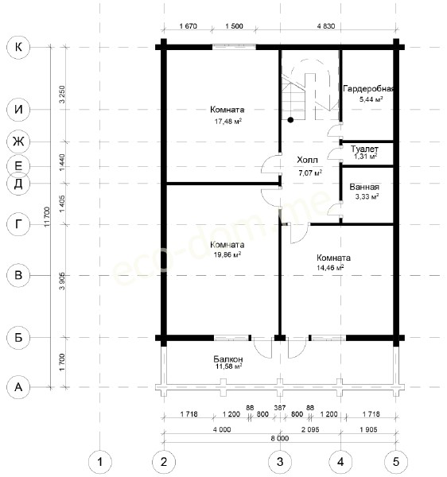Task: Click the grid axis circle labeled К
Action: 18,47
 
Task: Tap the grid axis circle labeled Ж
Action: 18,142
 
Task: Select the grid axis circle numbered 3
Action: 280,462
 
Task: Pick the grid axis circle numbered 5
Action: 396,462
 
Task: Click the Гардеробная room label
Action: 368,89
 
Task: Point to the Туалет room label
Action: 364,149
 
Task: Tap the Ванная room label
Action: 364,187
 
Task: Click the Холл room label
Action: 307,160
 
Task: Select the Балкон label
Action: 228,359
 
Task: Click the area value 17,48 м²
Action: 228,122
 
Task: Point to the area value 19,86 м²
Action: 227,254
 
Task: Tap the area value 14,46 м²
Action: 330,267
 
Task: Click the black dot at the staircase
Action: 290,120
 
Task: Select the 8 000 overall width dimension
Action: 280,438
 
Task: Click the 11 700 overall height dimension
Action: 46,216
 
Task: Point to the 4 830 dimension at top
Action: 326,26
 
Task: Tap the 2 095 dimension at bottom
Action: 310,429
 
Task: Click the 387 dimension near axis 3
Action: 280,407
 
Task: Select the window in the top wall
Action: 234,47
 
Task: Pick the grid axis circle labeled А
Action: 18,387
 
